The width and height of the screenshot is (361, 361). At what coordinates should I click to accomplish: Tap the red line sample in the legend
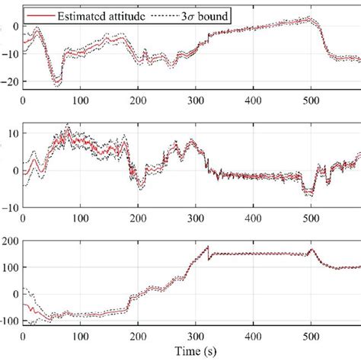39,14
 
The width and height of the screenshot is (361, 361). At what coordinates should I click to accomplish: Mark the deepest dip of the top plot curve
55,81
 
